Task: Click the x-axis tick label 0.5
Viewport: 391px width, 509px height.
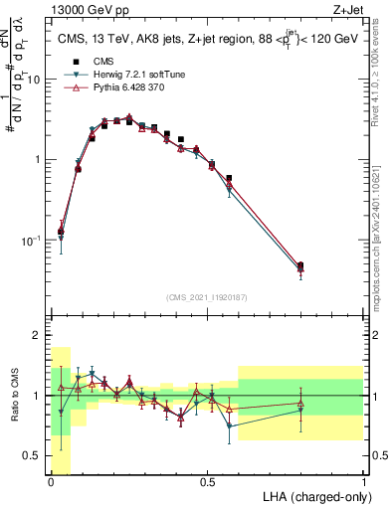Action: (x=207, y=481)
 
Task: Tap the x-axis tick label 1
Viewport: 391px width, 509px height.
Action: (x=364, y=481)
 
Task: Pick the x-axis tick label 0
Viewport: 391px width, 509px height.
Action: (x=51, y=481)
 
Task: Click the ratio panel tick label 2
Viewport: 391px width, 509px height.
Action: (x=37, y=335)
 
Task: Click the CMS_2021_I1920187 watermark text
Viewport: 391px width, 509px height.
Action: (x=207, y=296)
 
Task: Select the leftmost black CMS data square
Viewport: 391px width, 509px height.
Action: (x=61, y=231)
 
